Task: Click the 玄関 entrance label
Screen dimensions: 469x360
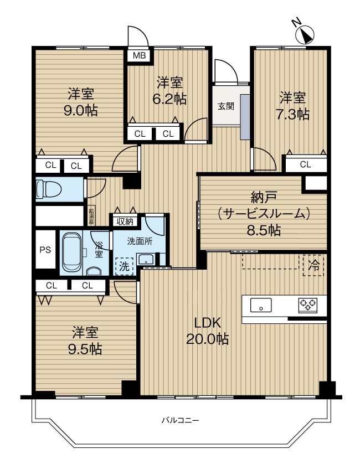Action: [x=225, y=106]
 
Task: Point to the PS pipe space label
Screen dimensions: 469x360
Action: [x=45, y=250]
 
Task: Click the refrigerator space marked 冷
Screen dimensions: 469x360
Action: [x=313, y=264]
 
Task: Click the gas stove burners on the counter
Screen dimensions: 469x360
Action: [x=308, y=304]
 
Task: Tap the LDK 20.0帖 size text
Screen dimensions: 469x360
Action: [x=208, y=331]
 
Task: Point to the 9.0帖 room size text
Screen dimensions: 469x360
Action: [x=81, y=110]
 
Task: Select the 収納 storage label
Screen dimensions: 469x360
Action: [x=125, y=221]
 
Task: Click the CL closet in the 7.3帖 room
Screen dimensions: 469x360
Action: [x=305, y=164]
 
